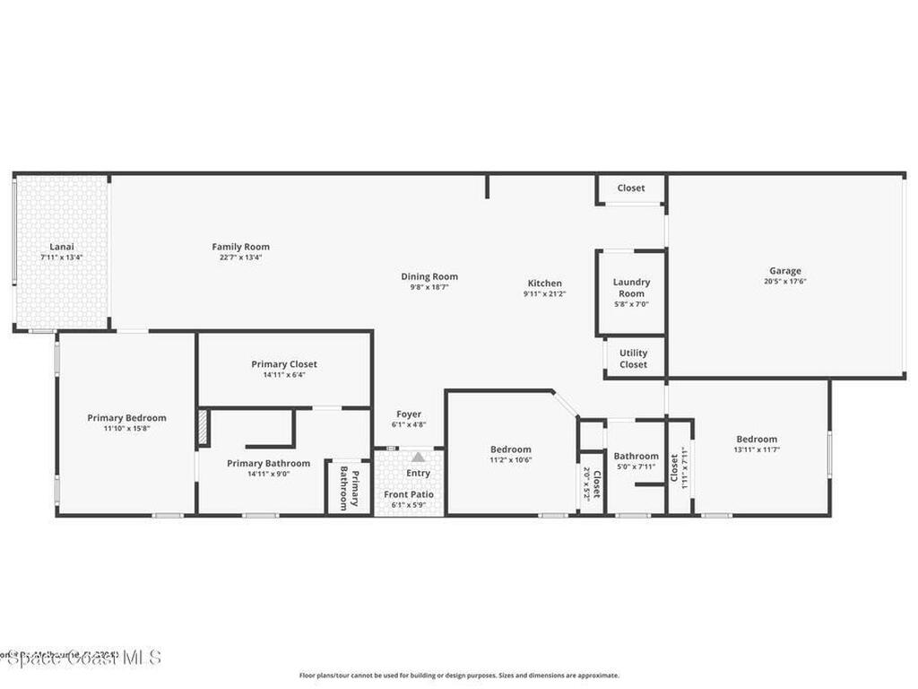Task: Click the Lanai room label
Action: pos(62,246)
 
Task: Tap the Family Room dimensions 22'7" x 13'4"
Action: pos(240,257)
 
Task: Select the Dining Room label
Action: pos(429,276)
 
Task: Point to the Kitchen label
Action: pos(544,283)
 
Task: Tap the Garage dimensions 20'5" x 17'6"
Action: pos(784,282)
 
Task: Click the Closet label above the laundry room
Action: pos(630,188)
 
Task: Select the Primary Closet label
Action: pos(284,364)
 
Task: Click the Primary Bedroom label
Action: pos(126,417)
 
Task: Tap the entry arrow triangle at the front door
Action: pos(418,458)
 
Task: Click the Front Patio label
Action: pos(409,494)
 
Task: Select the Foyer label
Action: pos(408,414)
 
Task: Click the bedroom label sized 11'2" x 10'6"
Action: pos(510,449)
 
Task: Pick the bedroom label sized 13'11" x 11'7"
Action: pos(757,439)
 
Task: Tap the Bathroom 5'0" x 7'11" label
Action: pos(636,456)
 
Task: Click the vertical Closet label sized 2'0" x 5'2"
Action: pos(596,483)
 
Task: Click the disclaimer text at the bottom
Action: pos(458,676)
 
